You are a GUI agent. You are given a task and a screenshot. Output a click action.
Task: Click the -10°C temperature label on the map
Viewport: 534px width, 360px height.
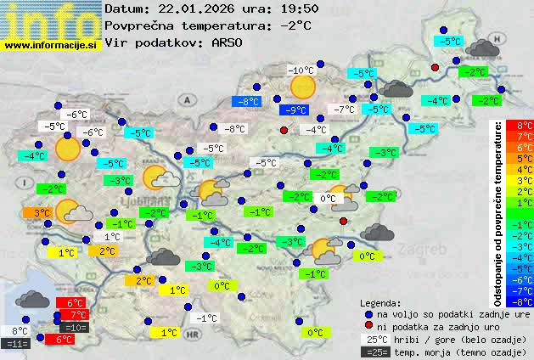tap(301, 70)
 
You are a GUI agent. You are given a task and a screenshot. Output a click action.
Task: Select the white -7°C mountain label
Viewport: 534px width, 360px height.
tap(344, 110)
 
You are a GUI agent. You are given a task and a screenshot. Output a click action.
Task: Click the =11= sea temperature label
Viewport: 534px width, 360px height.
tap(16, 343)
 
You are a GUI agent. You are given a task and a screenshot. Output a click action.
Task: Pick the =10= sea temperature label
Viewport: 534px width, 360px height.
tap(74, 328)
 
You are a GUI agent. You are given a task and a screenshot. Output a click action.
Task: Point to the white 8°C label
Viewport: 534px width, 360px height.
tap(20, 331)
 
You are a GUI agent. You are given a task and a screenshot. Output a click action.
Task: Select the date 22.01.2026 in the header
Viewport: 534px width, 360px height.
tap(196, 8)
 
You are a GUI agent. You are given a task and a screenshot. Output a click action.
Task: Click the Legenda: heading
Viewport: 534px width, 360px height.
tap(380, 302)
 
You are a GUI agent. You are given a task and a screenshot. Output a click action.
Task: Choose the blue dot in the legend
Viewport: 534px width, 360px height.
tap(368, 313)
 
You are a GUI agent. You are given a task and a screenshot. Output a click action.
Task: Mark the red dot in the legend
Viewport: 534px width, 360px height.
tap(368, 326)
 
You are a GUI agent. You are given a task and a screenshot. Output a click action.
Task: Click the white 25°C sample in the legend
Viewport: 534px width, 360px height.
tap(374, 339)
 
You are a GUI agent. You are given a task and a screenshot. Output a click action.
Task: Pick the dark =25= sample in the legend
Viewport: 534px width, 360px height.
tap(374, 352)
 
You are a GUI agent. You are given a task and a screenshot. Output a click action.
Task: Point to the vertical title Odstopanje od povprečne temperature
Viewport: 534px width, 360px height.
tap(497, 212)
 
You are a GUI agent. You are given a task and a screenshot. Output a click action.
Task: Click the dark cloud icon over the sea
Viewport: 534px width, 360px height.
tap(32, 299)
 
